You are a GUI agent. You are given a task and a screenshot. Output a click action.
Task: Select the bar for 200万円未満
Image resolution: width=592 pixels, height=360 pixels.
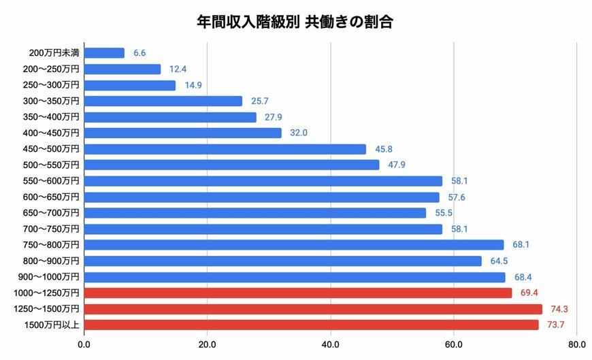click(x=104, y=53)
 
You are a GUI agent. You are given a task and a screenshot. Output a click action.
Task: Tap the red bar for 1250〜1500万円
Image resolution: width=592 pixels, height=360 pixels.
click(x=313, y=309)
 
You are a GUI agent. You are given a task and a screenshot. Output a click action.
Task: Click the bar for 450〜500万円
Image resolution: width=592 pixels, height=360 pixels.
click(x=225, y=149)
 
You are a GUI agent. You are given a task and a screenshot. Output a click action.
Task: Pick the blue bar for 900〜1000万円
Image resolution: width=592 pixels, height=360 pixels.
click(x=295, y=277)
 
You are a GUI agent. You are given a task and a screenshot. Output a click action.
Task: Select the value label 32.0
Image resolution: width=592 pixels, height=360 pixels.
click(x=298, y=133)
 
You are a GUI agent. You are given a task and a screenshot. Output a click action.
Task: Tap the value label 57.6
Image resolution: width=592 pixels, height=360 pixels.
click(x=456, y=197)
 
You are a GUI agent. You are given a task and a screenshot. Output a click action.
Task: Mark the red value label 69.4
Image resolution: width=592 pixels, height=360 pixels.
click(x=529, y=293)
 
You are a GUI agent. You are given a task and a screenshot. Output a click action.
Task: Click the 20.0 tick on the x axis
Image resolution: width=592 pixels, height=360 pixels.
click(x=207, y=344)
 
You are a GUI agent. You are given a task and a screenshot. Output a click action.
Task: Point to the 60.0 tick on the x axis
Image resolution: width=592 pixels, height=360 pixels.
click(x=454, y=344)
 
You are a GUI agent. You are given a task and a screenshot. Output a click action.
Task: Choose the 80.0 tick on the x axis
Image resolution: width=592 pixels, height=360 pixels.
click(x=577, y=344)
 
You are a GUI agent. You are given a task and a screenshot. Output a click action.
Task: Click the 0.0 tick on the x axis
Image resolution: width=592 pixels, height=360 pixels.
click(x=84, y=344)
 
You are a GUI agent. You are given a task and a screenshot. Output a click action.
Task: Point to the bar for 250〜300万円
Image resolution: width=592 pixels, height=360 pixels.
click(x=130, y=85)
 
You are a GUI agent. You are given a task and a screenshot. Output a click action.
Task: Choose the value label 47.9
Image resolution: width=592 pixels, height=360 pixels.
click(x=396, y=165)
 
